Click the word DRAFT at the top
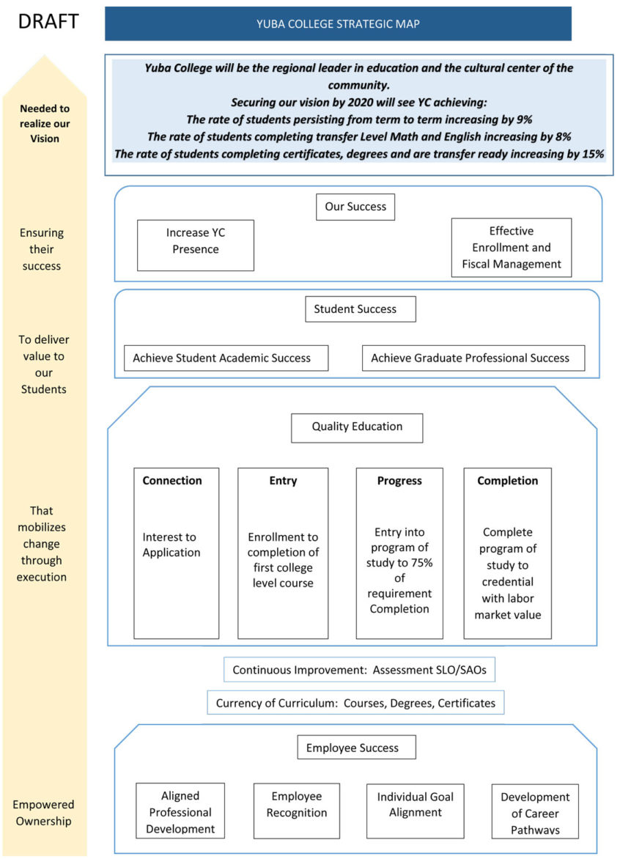(x=48, y=21)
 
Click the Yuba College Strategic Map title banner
(x=338, y=23)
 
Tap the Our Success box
(x=355, y=207)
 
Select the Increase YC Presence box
(x=195, y=241)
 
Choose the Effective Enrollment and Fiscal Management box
(x=511, y=247)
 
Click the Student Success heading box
(x=360, y=309)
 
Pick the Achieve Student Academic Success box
(x=226, y=358)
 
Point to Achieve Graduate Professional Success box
(x=473, y=358)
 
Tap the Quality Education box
(x=357, y=427)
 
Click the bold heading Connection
(x=172, y=481)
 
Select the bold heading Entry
(x=283, y=481)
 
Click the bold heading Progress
(x=399, y=481)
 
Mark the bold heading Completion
(x=507, y=481)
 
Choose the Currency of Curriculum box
(x=355, y=703)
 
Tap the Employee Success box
(x=356, y=748)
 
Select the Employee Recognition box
(x=297, y=805)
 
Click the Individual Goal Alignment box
(x=415, y=805)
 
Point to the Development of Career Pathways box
(x=535, y=813)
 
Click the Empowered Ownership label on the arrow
(x=44, y=813)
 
